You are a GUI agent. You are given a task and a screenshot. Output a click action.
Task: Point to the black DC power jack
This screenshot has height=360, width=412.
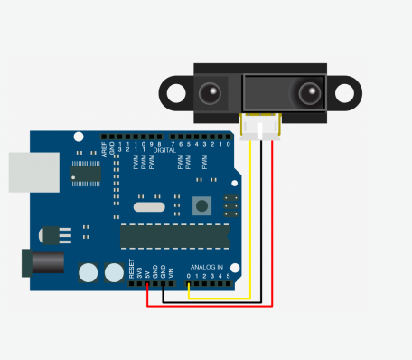46,263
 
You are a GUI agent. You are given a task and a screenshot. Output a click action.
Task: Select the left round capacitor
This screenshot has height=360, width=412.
89,272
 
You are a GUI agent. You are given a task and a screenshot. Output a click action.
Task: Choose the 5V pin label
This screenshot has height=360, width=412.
147,272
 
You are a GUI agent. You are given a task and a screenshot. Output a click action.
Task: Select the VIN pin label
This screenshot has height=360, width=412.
172,271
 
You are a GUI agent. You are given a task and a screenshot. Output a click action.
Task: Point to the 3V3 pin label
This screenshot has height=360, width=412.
139,271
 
